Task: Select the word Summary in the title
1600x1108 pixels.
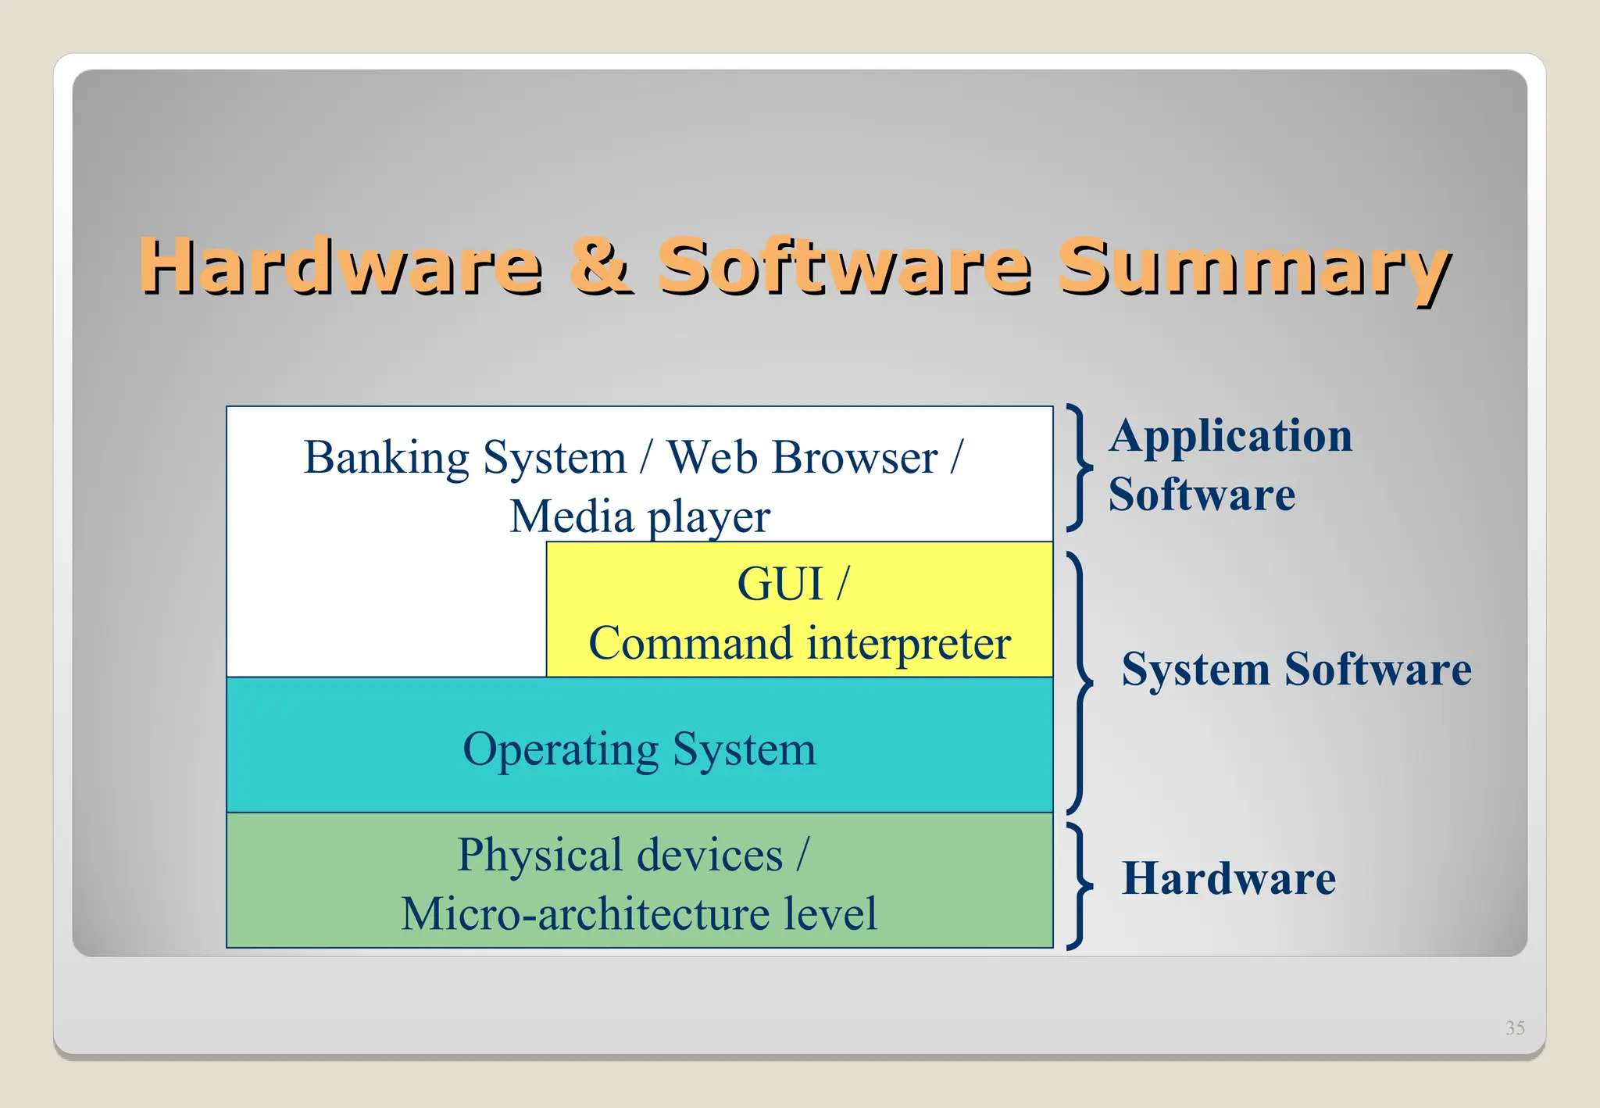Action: pyautogui.click(x=1252, y=267)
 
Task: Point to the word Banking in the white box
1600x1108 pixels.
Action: pyautogui.click(x=387, y=458)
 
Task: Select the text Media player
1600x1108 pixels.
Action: pyautogui.click(x=640, y=516)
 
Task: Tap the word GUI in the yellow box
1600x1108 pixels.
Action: pyautogui.click(x=780, y=584)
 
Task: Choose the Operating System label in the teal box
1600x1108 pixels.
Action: pyautogui.click(x=639, y=749)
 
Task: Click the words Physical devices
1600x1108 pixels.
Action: pyautogui.click(x=620, y=854)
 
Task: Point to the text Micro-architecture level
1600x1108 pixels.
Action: pyautogui.click(x=639, y=913)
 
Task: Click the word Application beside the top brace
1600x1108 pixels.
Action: pyautogui.click(x=1230, y=436)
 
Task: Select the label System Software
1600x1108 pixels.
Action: pyautogui.click(x=1296, y=669)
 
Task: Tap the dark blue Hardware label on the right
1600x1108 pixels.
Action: pyautogui.click(x=1229, y=878)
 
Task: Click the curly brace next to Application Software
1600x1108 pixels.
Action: pyautogui.click(x=1080, y=467)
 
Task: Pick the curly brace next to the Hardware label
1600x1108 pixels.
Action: pyautogui.click(x=1080, y=885)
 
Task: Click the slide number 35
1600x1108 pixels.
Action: pyautogui.click(x=1515, y=1028)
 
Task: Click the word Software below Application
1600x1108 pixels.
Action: pyautogui.click(x=1202, y=495)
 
